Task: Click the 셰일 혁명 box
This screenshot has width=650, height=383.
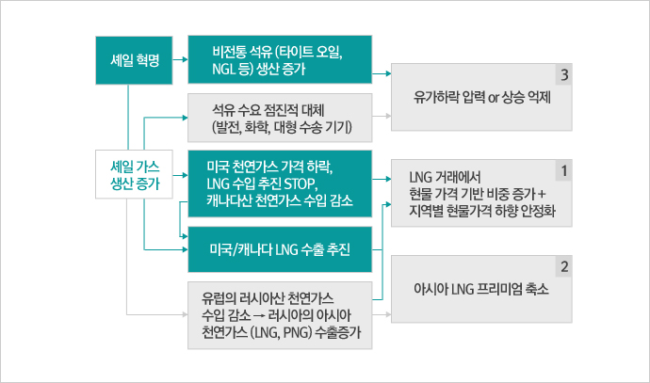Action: tap(134, 60)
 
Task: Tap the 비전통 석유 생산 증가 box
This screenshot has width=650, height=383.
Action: tap(280, 60)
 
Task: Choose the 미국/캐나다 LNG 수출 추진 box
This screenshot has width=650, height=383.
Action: tap(280, 250)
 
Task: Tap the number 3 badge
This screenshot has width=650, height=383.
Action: tap(563, 74)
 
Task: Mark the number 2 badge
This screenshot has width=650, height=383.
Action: tap(563, 268)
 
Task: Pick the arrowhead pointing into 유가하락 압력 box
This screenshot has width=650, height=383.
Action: tap(389, 72)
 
